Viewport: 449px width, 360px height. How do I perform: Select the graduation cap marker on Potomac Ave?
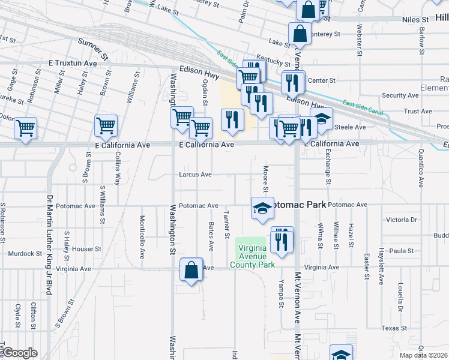coord(262,208)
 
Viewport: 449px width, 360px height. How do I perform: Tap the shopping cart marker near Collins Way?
coord(106,126)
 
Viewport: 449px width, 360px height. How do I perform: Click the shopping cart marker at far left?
coord(25,128)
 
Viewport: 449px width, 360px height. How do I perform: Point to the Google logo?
coord(20,353)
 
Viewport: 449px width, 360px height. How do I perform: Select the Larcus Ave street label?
coord(195,175)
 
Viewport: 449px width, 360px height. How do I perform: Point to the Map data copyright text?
coord(424,355)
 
